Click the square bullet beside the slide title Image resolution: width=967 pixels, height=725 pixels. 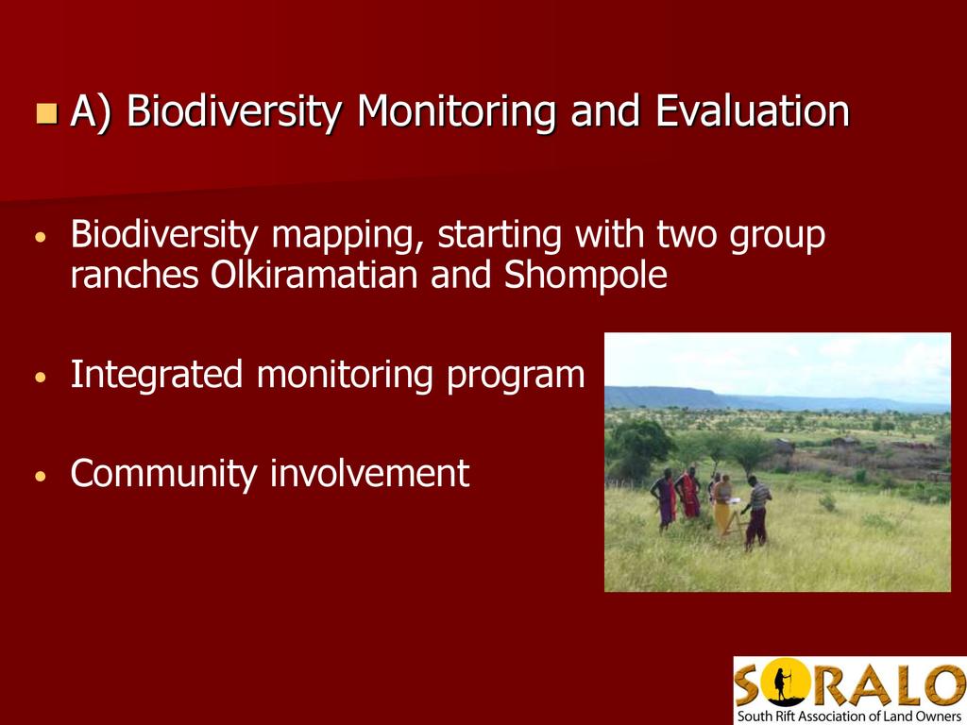coord(47,113)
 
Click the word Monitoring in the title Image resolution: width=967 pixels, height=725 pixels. coord(456,111)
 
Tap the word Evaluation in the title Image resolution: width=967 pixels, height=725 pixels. coord(753,110)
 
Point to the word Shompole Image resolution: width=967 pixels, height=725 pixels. coord(585,275)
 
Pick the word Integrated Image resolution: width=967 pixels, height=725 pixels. coord(157,375)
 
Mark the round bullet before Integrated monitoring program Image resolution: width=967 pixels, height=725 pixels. coord(41,377)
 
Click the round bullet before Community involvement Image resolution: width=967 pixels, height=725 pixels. coord(41,476)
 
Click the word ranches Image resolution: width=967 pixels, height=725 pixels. coord(134,275)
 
